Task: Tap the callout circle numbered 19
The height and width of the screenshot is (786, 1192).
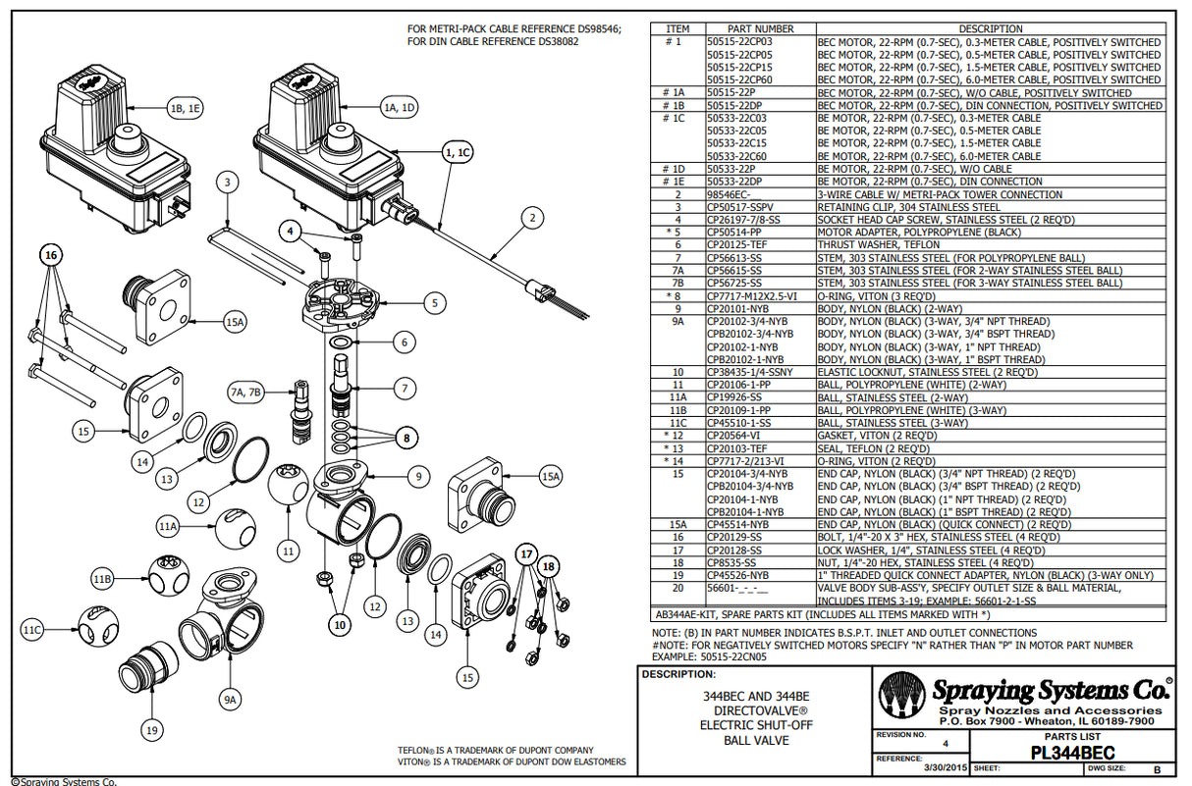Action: click(x=151, y=729)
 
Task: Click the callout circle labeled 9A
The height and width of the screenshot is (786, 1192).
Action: click(x=230, y=701)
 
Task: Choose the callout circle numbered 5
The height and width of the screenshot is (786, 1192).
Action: click(x=431, y=303)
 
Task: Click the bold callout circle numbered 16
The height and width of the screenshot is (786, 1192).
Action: click(x=51, y=254)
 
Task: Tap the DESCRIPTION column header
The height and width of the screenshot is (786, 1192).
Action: click(x=990, y=28)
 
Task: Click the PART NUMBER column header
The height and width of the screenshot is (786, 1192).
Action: click(x=760, y=28)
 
